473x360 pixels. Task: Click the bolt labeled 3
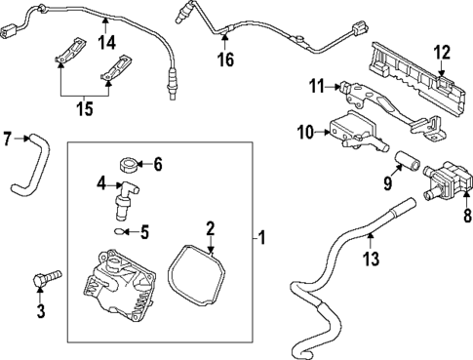46,279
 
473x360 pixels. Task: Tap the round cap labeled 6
125,163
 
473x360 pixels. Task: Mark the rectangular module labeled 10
351,130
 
